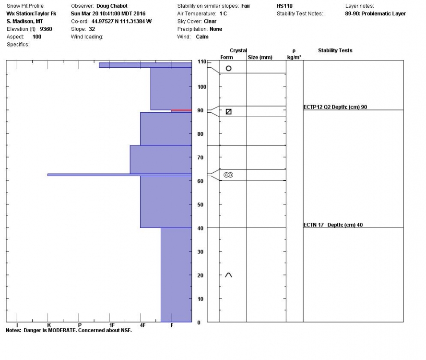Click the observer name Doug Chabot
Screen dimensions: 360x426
tap(112, 6)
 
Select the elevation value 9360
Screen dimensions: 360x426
tap(46, 29)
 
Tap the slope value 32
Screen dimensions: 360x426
tap(92, 29)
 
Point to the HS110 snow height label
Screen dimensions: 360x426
tap(284, 6)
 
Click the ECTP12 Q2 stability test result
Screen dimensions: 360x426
tap(335, 107)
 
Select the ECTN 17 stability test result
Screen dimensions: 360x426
tap(331, 225)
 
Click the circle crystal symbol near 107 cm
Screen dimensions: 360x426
tap(228, 68)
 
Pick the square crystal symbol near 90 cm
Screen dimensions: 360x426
tap(228, 112)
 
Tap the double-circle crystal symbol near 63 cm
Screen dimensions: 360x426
tap(228, 175)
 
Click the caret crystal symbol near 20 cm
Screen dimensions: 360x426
tap(228, 275)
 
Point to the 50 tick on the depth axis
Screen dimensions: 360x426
tap(201, 204)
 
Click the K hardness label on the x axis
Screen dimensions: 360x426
tap(48, 325)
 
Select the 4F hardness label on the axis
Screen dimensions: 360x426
tap(142, 325)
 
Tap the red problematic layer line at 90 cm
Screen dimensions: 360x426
tap(181, 110)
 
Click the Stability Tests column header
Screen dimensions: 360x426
tap(335, 50)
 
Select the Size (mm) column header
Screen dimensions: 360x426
tap(260, 58)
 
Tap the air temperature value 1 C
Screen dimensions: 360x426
tap(223, 13)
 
